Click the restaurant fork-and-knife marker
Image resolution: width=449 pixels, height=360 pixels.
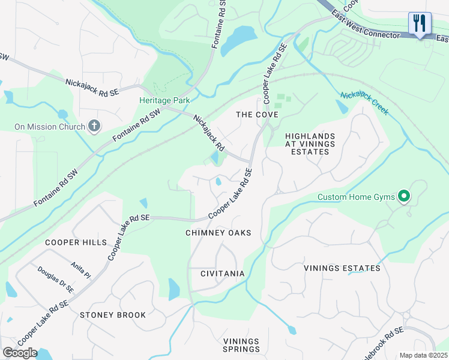coord(419,23)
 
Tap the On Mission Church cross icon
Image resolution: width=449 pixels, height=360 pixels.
coord(94,126)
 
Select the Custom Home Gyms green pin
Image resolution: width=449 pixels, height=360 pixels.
coord(405,197)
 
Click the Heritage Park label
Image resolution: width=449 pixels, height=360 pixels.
coord(164,101)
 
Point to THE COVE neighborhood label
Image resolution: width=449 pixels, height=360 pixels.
coord(257,115)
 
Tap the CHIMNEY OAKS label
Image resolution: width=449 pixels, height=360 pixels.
coord(218,233)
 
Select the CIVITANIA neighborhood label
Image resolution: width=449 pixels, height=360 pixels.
coord(222,274)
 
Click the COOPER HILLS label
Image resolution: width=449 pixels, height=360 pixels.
coord(76,242)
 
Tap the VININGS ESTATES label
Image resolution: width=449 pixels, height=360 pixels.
coord(342,268)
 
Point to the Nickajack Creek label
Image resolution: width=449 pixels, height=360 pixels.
coord(364,103)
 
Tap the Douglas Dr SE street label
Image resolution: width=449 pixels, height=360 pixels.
coord(55,280)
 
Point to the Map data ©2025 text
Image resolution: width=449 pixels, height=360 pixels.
coord(423,355)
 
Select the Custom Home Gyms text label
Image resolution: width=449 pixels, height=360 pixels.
coord(356,197)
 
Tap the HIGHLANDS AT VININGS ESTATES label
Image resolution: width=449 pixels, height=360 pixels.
coord(307,144)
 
